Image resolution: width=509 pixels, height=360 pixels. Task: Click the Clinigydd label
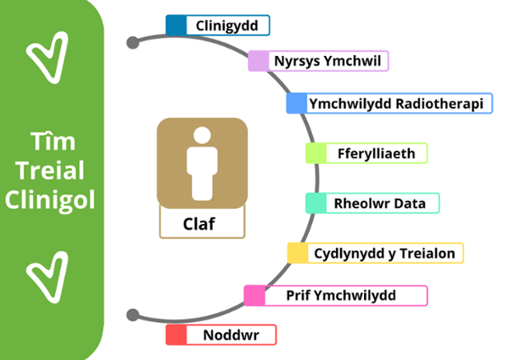click(x=227, y=25)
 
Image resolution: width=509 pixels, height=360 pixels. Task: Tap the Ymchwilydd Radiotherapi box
click(x=395, y=104)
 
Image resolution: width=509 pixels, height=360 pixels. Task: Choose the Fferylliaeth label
click(x=373, y=153)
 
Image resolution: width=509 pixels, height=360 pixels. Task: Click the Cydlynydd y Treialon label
click(x=383, y=253)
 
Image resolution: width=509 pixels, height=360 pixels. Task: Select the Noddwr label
click(x=228, y=335)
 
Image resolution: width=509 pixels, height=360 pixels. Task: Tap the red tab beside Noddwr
click(x=176, y=335)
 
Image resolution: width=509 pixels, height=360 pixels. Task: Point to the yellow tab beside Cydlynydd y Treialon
click(x=297, y=253)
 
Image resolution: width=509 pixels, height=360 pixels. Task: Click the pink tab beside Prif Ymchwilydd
click(x=254, y=295)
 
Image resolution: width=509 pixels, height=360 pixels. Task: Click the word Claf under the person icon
click(x=201, y=225)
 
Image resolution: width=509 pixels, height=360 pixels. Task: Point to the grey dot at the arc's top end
click(x=132, y=42)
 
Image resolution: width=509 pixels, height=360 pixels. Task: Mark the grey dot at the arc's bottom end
click(x=132, y=315)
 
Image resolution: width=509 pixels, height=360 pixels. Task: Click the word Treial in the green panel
click(x=51, y=171)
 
